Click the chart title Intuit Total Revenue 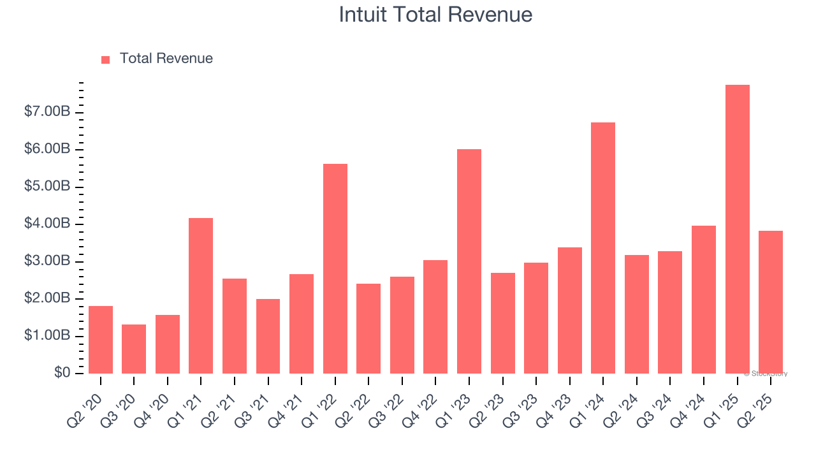pyautogui.click(x=435, y=15)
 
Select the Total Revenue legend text pyautogui.click(x=166, y=59)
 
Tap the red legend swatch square pyautogui.click(x=106, y=59)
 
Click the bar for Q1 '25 pyautogui.click(x=737, y=229)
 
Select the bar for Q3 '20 pyautogui.click(x=134, y=349)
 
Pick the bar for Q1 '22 pyautogui.click(x=335, y=268)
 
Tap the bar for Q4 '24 pyautogui.click(x=704, y=299)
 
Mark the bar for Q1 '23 pyautogui.click(x=469, y=261)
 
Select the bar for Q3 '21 pyautogui.click(x=268, y=336)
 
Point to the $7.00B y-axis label pyautogui.click(x=48, y=112)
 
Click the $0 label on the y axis pyautogui.click(x=62, y=373)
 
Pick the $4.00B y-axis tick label pyautogui.click(x=48, y=224)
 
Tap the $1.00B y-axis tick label pyautogui.click(x=48, y=336)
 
